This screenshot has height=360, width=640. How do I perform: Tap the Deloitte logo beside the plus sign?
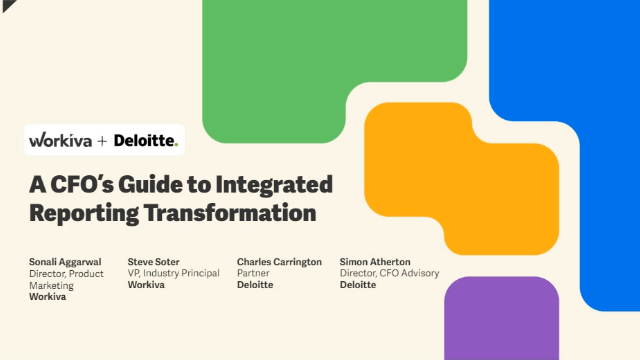145,141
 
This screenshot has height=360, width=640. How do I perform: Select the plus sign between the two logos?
101,141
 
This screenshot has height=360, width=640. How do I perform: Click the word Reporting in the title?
85,212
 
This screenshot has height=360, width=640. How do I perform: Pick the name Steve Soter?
155,262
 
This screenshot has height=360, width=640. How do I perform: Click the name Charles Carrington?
279,262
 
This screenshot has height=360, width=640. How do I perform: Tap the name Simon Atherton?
375,262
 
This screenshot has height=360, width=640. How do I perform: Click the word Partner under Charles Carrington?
254,273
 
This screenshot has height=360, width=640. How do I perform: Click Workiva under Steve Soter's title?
147,285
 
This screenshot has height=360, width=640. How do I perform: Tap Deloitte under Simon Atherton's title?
357,285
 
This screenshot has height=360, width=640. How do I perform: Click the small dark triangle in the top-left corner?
5,5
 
